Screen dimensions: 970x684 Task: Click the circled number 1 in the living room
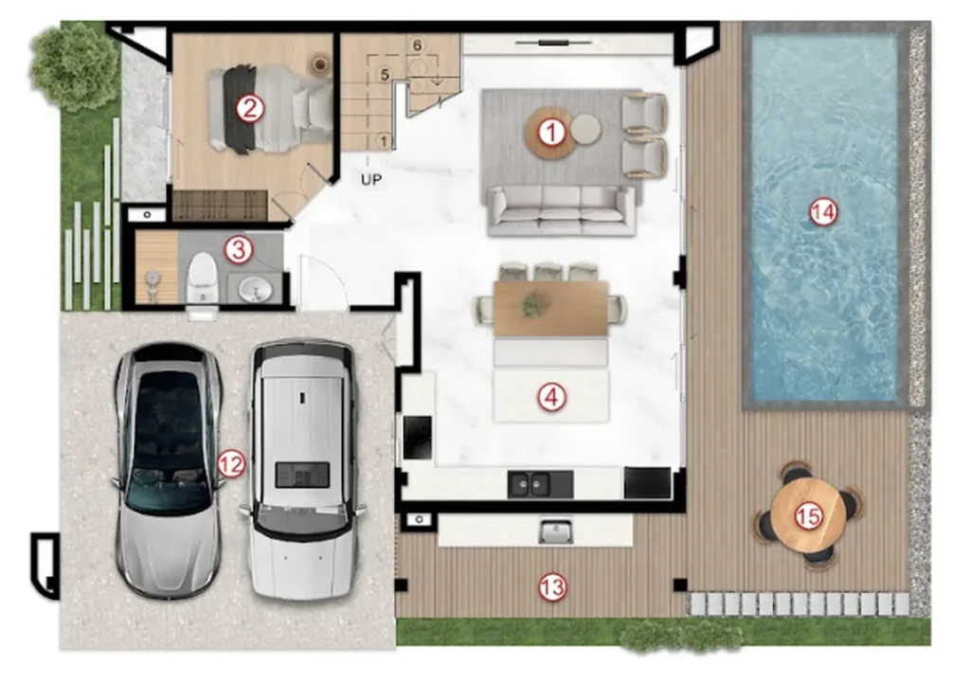pyautogui.click(x=551, y=133)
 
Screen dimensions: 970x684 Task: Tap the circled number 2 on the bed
pyautogui.click(x=249, y=109)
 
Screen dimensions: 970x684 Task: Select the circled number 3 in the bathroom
pyautogui.click(x=239, y=250)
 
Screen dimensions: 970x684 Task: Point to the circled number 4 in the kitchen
pyautogui.click(x=551, y=397)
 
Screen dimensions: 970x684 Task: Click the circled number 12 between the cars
pyautogui.click(x=231, y=463)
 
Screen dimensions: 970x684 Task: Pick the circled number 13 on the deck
pyautogui.click(x=552, y=586)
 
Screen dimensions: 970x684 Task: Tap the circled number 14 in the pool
pyautogui.click(x=823, y=213)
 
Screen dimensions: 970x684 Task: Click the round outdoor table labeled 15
pyautogui.click(x=809, y=515)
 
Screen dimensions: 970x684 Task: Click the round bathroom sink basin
pyautogui.click(x=254, y=290)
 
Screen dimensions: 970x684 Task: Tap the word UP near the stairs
pyautogui.click(x=371, y=179)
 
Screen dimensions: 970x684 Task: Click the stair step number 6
pyautogui.click(x=417, y=45)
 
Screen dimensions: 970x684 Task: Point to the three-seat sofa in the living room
pyautogui.click(x=562, y=210)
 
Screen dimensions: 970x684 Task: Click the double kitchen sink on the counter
pyautogui.click(x=530, y=483)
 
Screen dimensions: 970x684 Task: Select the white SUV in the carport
pyautogui.click(x=303, y=470)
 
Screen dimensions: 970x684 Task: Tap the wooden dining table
pyautogui.click(x=551, y=308)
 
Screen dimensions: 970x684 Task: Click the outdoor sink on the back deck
pyautogui.click(x=555, y=531)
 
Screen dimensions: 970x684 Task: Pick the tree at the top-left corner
pyautogui.click(x=74, y=65)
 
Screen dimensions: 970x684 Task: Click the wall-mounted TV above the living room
pyautogui.click(x=553, y=43)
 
